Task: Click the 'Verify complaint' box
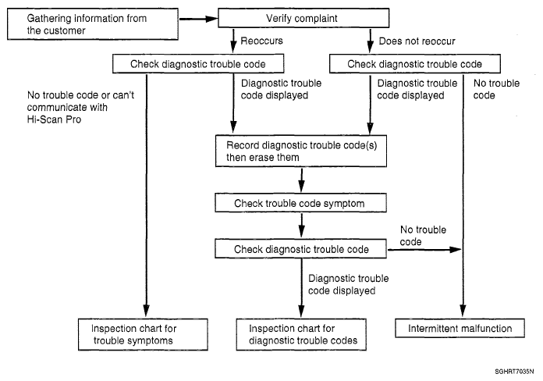coord(303,18)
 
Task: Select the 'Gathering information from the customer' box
coord(93,24)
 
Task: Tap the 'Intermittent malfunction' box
coord(460,328)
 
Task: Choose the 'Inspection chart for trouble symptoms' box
coord(143,334)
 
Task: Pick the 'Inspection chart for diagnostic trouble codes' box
coord(301,334)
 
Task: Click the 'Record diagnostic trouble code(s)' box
coord(301,151)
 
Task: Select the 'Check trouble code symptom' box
coord(300,203)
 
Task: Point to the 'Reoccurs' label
coord(262,41)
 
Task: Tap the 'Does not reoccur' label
coord(417,41)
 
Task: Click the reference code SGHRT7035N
coord(514,372)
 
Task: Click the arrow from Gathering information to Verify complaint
coord(198,19)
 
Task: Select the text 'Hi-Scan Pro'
coord(54,119)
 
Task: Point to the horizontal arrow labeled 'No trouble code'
coord(424,250)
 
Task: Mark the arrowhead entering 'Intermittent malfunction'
coord(463,311)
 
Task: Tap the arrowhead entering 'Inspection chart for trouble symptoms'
coord(147,311)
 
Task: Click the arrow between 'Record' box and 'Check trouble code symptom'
coord(302,180)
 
